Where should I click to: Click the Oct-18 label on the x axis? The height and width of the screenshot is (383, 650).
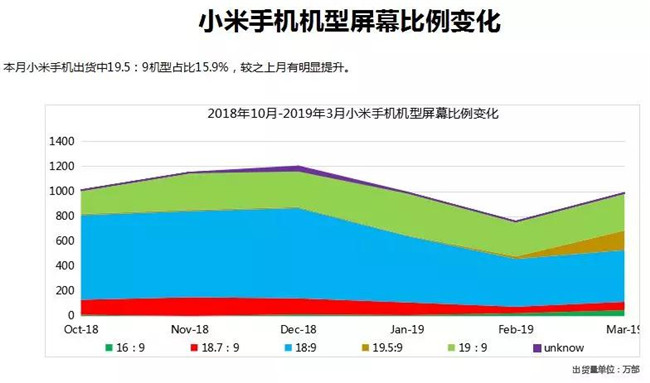point(80,329)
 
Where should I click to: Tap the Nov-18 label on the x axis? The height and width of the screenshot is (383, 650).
point(189,329)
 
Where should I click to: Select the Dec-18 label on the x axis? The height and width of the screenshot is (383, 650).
point(299,329)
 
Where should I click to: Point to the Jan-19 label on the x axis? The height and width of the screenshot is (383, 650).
point(408,329)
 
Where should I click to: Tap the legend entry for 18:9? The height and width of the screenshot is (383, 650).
point(300,347)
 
